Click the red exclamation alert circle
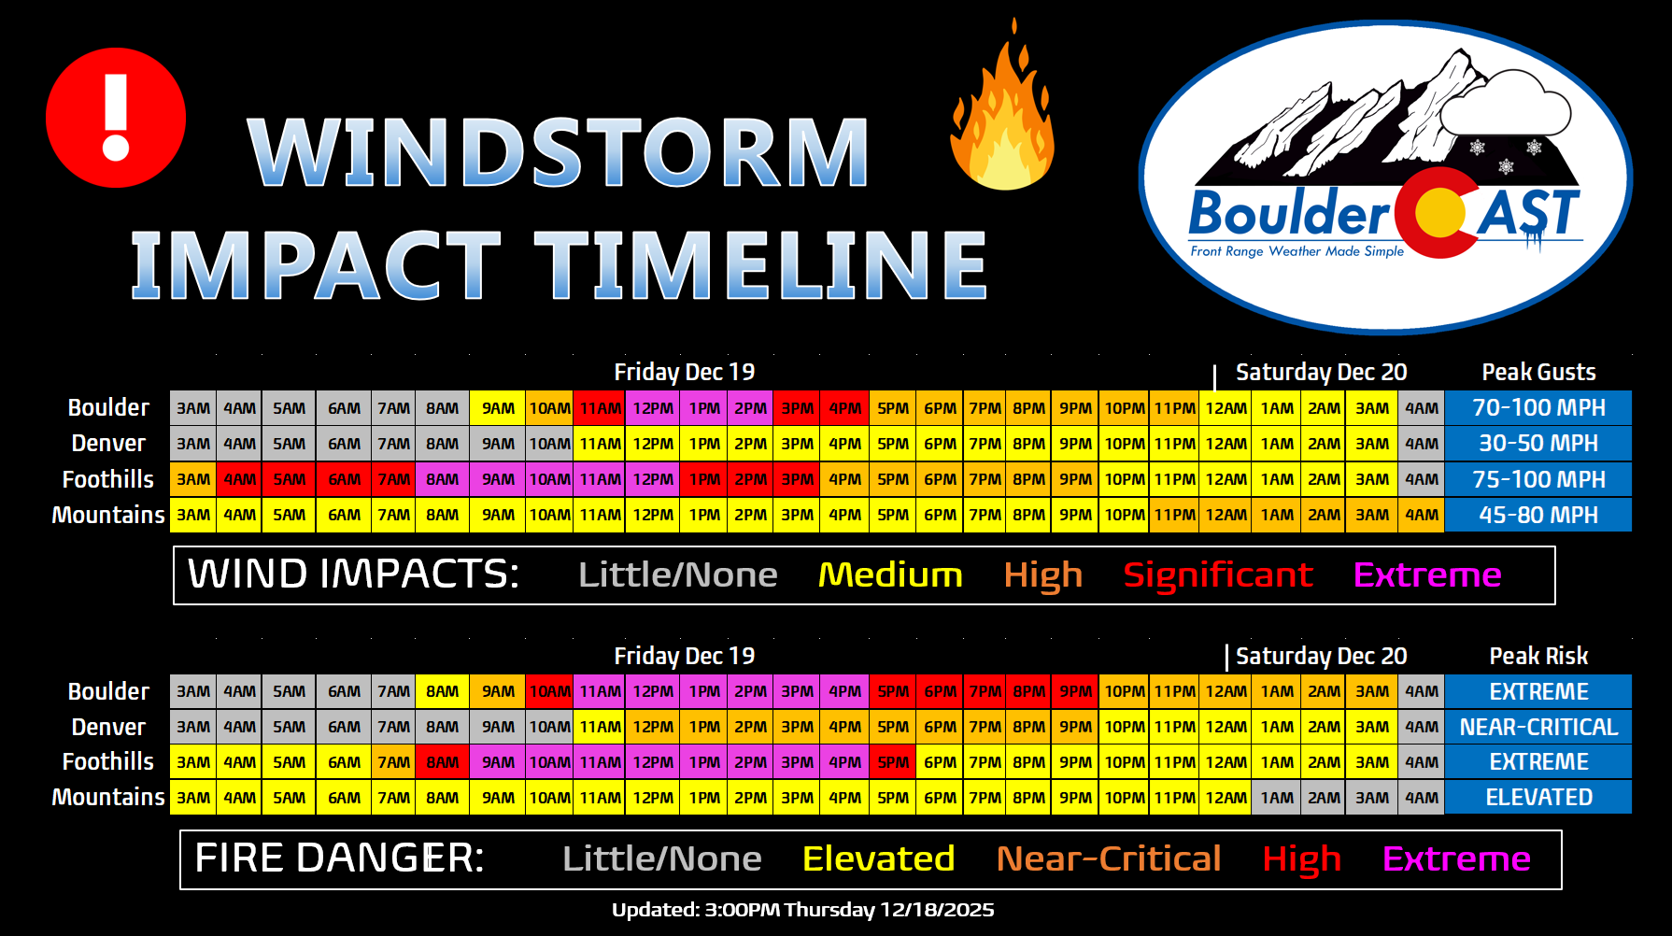point(116,118)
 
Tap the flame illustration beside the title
point(1003,107)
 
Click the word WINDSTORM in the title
point(559,151)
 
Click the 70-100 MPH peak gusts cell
point(1538,408)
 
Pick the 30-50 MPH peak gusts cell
point(1538,444)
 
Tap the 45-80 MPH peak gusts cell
point(1538,515)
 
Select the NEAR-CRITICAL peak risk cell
point(1538,727)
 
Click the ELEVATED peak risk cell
point(1538,798)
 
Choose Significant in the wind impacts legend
point(1218,575)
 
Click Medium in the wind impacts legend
point(890,574)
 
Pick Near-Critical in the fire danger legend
point(1109,858)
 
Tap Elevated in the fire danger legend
point(878,858)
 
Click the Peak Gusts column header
point(1538,372)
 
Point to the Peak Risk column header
point(1538,656)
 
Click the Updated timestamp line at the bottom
point(803,910)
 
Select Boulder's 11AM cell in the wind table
point(600,408)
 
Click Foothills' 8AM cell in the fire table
point(442,762)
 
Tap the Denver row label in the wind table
point(108,444)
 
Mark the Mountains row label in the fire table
point(108,798)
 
